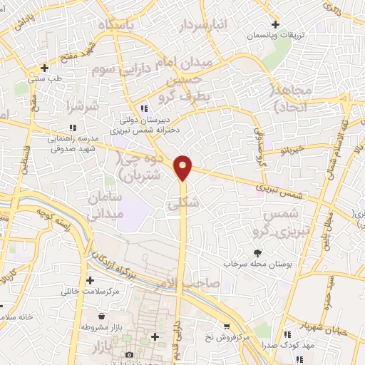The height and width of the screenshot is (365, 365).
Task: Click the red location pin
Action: coord(183,167)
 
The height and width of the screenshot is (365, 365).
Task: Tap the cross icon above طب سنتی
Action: coord(45,68)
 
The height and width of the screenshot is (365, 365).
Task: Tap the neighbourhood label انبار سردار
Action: coord(202,26)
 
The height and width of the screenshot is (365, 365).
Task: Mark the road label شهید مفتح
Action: coord(81,48)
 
